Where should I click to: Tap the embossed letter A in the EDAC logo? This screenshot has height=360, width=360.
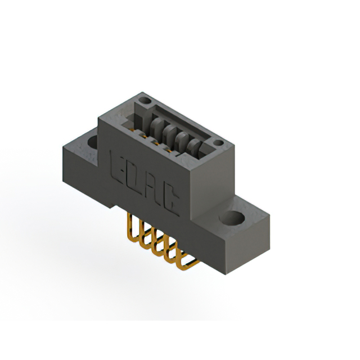click(x=150, y=183)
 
